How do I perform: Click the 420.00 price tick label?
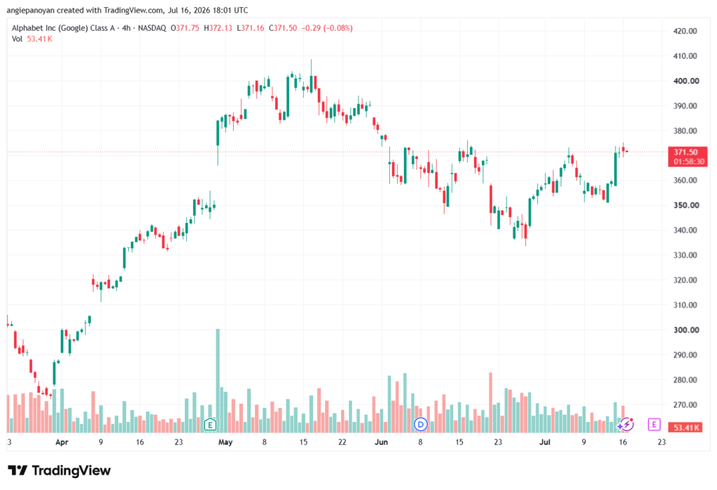(x=685, y=31)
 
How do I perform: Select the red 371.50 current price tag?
(x=688, y=156)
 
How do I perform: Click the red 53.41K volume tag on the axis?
(x=685, y=428)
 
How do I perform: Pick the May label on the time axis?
(x=225, y=442)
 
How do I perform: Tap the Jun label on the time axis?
(x=381, y=442)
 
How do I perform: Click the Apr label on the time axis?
(x=62, y=442)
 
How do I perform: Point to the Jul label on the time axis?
(x=545, y=442)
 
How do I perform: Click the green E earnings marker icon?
(x=210, y=425)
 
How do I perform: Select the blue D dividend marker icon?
(x=420, y=425)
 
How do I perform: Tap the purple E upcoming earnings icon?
(x=654, y=425)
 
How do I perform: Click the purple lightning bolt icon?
(x=626, y=425)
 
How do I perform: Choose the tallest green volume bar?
(x=218, y=381)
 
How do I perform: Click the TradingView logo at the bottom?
(x=60, y=470)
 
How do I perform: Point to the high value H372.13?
(x=218, y=28)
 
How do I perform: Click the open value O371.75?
(x=185, y=28)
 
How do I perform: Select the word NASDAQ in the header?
(x=152, y=28)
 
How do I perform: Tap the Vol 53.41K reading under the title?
(x=32, y=39)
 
